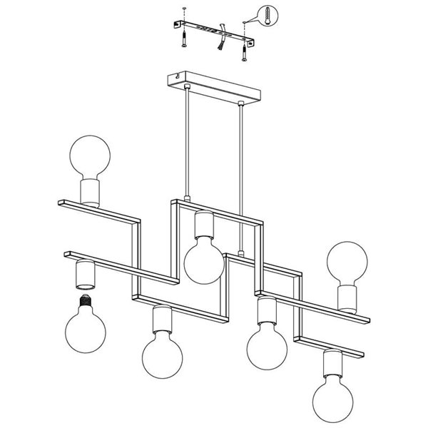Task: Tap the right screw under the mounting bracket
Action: [245, 50]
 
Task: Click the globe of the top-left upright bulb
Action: [89, 156]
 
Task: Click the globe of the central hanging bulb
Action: [204, 260]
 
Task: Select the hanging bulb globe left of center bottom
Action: [161, 354]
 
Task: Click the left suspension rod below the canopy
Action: [186, 143]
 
